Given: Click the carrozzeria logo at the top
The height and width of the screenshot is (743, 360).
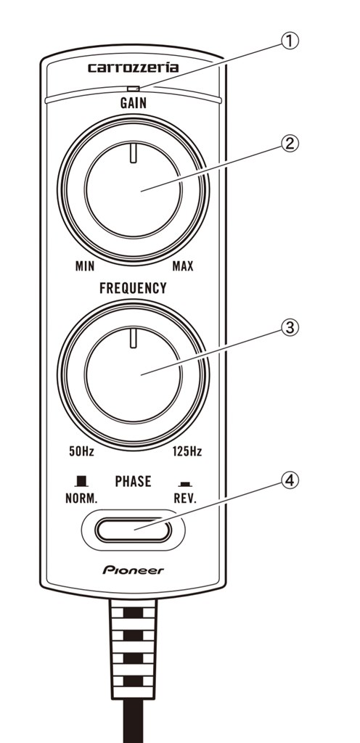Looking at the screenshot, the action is (133, 67).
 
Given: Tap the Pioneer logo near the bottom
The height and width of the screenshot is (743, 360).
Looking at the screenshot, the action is (133, 570).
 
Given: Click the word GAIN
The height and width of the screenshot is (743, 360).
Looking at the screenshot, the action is (133, 103).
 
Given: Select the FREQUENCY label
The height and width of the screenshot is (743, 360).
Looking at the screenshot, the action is (133, 288).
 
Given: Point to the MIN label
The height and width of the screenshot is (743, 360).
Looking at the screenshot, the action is (85, 266).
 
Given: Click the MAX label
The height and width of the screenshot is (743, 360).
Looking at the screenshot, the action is (183, 266).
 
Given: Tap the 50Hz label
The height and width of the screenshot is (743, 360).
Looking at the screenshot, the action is (81, 451).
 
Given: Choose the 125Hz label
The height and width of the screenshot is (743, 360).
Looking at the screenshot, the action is (187, 451).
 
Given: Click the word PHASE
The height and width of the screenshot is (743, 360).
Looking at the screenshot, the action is (133, 482).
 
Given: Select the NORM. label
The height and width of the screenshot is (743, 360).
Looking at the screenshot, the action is (81, 499).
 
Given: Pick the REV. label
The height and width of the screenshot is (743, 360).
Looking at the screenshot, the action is (185, 499).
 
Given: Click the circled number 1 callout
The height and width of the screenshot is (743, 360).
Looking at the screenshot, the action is (290, 41).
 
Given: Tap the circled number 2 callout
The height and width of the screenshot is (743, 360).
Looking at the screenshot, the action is (290, 144).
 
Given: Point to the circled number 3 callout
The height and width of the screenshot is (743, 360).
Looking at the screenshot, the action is (290, 327).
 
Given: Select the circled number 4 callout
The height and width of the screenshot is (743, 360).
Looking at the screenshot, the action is (290, 481).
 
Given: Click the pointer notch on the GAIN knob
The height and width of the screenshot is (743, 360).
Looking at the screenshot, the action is (134, 154).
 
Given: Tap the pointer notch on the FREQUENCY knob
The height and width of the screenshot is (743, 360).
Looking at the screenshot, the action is (134, 337).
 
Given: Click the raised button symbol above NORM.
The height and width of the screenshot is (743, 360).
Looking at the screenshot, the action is (82, 482).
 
